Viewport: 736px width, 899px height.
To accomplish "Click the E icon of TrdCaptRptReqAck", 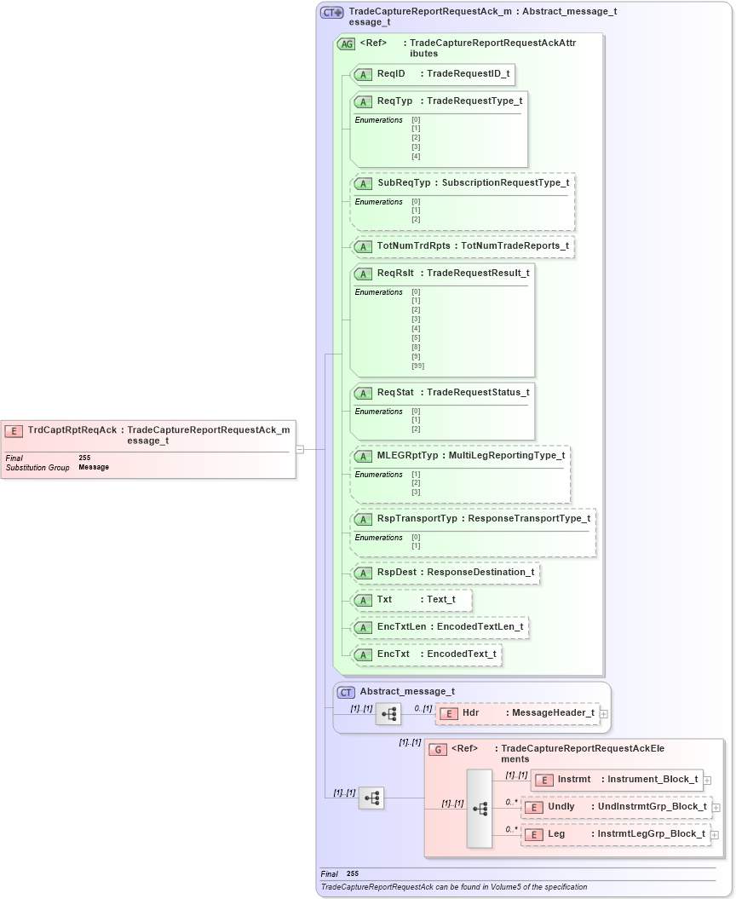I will [14, 430].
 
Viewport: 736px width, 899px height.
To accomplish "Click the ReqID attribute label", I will [391, 74].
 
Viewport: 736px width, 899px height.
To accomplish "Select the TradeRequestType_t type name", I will [474, 101].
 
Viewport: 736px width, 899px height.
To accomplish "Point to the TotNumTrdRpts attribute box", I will [462, 246].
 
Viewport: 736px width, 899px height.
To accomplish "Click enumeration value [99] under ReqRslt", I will [417, 366].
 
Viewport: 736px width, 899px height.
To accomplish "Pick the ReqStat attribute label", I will [395, 392].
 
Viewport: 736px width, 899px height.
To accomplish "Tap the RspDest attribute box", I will [446, 573].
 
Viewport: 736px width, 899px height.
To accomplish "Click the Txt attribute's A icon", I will [364, 600].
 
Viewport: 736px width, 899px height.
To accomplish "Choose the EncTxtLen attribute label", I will [401, 627].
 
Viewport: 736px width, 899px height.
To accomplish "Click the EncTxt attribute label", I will [394, 654].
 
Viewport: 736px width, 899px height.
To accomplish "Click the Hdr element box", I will [517, 713].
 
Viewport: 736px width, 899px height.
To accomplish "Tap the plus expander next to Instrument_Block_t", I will [708, 780].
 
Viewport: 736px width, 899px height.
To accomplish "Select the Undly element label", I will [561, 806].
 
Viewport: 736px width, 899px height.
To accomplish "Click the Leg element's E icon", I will [533, 834].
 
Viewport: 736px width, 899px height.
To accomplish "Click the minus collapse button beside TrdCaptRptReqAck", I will [300, 449].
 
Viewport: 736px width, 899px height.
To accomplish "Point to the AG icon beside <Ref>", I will [347, 43].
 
